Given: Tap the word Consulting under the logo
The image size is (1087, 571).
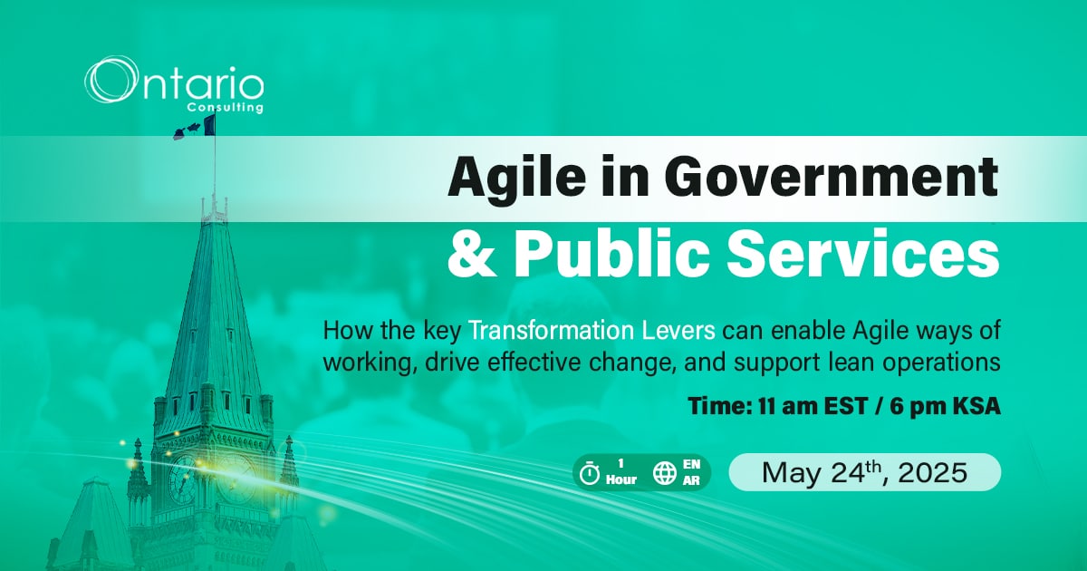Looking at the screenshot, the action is click(226, 107).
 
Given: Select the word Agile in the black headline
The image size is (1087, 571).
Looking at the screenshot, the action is click(517, 179).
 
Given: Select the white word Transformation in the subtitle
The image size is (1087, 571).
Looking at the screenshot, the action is click(552, 331).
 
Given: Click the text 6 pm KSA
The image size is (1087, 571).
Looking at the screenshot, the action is click(946, 405).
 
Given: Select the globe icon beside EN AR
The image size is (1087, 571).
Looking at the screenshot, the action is click(665, 473).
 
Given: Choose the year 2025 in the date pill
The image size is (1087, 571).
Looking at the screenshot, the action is click(933, 473).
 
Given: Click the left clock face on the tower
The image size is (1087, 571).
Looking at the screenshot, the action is click(183, 478).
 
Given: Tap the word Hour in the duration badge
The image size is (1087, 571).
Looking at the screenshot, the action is click(621, 479).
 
